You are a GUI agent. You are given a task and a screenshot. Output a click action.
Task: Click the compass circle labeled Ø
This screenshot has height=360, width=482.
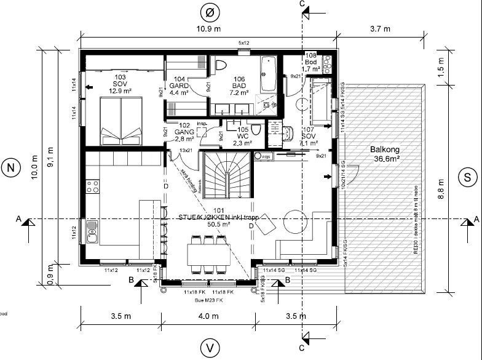pyautogui.click(x=210, y=12)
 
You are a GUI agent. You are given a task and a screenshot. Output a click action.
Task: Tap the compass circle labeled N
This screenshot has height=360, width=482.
pyautogui.click(x=10, y=168)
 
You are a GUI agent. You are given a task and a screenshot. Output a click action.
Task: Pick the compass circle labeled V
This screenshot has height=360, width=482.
pyautogui.click(x=210, y=348)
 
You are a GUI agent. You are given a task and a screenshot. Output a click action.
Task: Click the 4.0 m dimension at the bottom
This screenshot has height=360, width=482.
pyautogui.click(x=209, y=317)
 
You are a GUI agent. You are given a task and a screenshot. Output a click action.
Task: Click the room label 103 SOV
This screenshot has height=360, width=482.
pyautogui.click(x=119, y=84)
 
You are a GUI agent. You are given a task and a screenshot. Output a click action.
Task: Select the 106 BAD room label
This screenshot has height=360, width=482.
pyautogui.click(x=239, y=86)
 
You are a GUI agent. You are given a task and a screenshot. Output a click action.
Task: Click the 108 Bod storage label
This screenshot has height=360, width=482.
pyautogui.click(x=311, y=62)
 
